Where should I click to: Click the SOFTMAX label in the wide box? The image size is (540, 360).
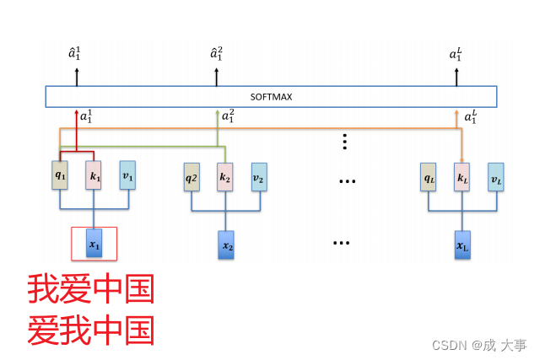click(x=271, y=96)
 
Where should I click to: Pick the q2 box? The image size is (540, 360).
click(x=192, y=177)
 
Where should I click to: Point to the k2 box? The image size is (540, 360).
click(x=224, y=177)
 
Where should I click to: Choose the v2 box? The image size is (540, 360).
click(x=258, y=177)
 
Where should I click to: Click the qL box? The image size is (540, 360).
click(x=429, y=177)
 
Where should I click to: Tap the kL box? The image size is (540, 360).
click(x=462, y=177)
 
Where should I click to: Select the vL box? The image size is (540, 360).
click(x=495, y=177)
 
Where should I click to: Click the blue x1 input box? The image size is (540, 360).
click(x=94, y=244)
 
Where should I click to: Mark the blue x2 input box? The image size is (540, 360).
click(x=226, y=245)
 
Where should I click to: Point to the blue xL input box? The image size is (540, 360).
click(x=462, y=245)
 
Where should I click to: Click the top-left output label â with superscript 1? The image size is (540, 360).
click(x=75, y=55)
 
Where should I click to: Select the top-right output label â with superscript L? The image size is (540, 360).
click(x=456, y=55)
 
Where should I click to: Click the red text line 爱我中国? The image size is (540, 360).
click(x=91, y=330)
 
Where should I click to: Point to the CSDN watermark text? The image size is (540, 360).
click(x=479, y=345)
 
